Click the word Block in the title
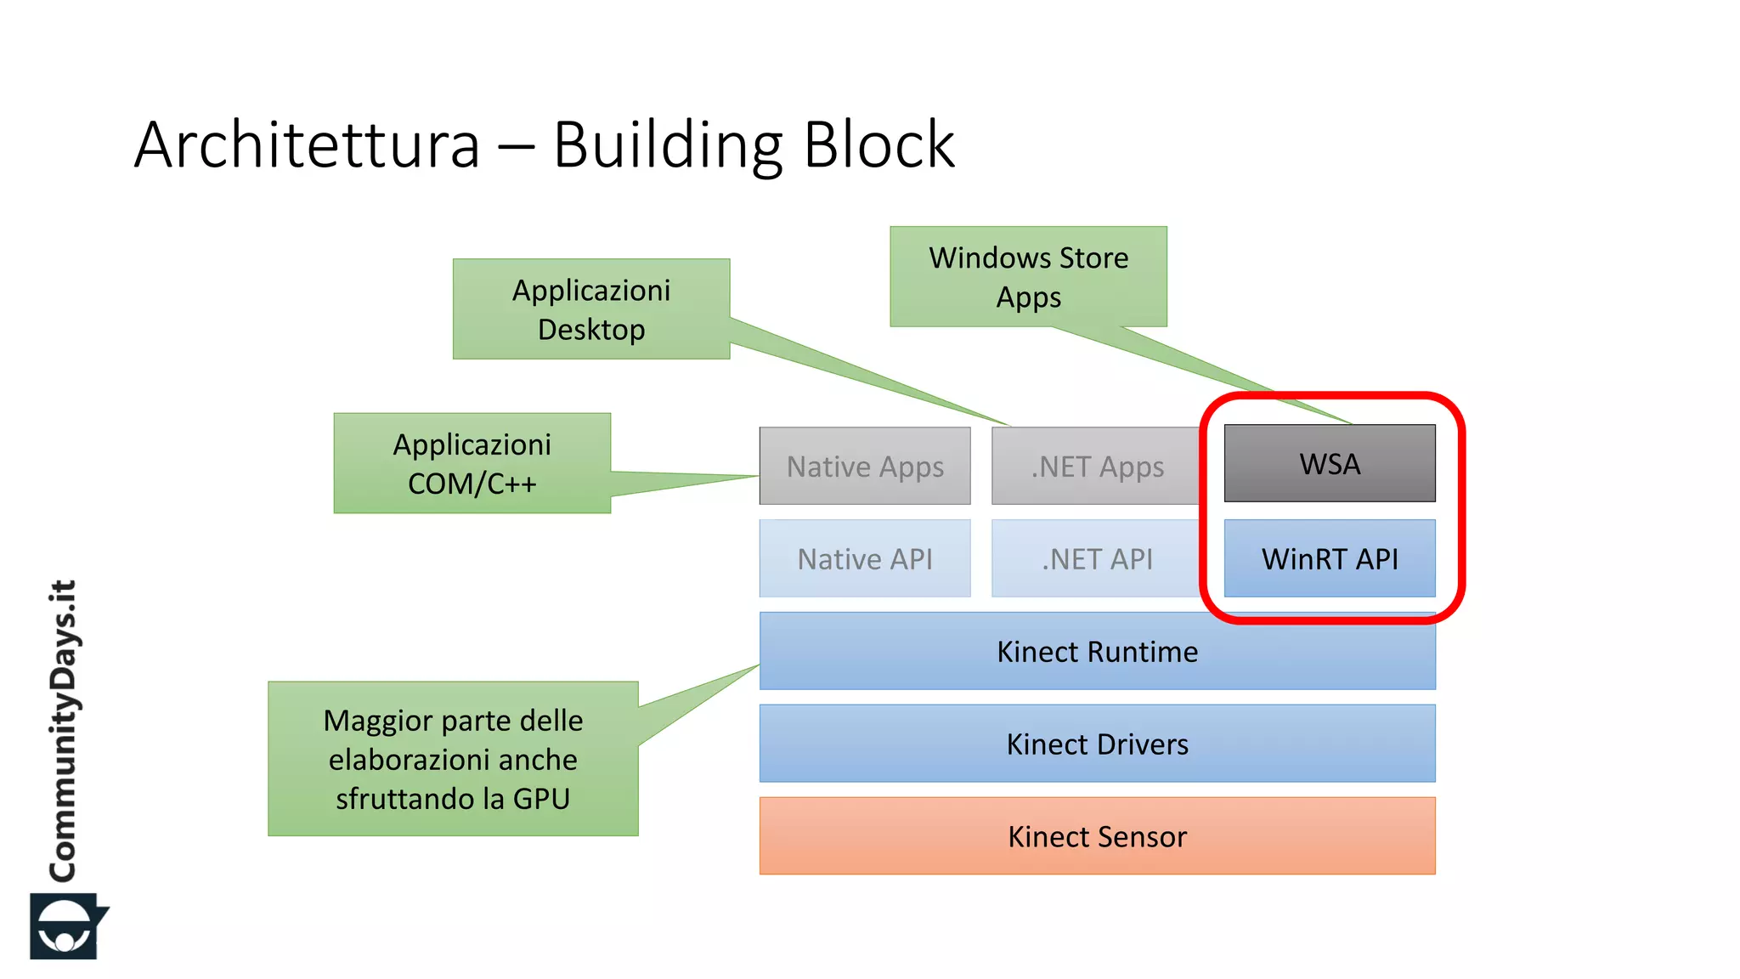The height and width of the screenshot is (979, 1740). [x=878, y=145]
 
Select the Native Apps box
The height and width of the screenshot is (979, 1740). [x=865, y=467]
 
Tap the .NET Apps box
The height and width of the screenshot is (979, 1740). [x=1096, y=467]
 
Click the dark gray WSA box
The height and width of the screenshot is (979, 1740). [x=1330, y=464]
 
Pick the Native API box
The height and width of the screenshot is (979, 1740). [x=865, y=559]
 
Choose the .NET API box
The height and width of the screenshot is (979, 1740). [x=1096, y=559]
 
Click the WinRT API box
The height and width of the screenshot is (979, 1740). [x=1330, y=559]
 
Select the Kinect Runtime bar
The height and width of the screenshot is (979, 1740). [x=1097, y=652]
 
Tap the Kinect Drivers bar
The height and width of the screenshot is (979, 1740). [x=1097, y=744]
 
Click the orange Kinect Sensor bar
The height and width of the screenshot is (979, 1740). [x=1097, y=836]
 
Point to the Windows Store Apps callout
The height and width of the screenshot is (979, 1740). [x=1028, y=277]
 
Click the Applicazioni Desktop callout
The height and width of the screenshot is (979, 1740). [x=591, y=309]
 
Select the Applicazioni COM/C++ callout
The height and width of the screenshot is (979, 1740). [x=472, y=463]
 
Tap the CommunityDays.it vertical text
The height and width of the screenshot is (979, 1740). [x=63, y=731]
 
